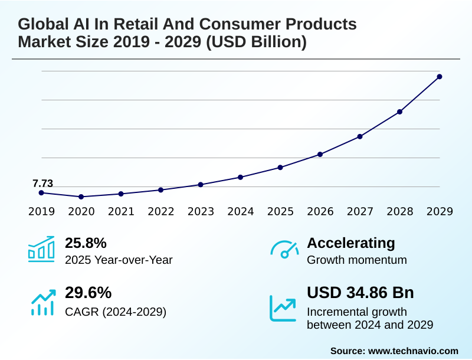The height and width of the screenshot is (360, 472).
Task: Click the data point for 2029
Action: tap(440, 77)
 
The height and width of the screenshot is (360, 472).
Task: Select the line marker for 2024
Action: tap(240, 177)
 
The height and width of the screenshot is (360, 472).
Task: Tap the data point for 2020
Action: tap(81, 197)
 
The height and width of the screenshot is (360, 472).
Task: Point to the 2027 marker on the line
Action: tap(360, 136)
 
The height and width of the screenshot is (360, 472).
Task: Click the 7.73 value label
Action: tap(42, 184)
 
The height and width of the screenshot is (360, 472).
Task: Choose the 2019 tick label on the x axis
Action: tap(41, 211)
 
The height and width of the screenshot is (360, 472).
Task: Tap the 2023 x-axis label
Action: tap(201, 211)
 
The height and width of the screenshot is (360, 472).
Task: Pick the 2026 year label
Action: tap(320, 211)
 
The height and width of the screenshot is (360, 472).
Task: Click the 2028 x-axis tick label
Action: tap(399, 211)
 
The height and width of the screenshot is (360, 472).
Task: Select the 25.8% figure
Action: tap(86, 243)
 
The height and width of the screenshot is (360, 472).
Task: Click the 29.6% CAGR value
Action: tap(88, 293)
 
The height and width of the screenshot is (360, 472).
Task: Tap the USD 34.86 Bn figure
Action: tap(360, 293)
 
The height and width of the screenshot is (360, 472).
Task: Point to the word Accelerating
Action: tap(351, 243)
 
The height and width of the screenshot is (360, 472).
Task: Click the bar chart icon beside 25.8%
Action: tap(41, 249)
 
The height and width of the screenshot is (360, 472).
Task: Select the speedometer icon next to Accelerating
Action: tap(284, 249)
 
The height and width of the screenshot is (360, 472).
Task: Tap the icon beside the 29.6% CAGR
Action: tap(42, 302)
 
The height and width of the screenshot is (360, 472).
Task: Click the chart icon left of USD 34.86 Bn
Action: tap(283, 307)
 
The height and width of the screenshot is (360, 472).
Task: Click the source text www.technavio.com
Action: tap(413, 351)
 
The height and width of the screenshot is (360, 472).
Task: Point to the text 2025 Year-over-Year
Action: tap(119, 260)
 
